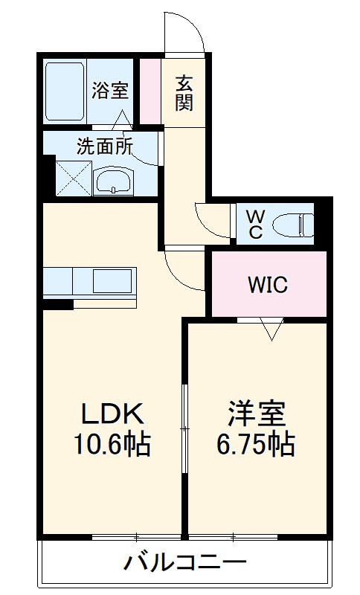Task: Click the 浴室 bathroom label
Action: coord(110,91)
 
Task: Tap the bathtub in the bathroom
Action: coord(65,91)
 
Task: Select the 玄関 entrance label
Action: coord(184,94)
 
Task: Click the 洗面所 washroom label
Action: coord(105,146)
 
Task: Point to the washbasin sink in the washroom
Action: coord(113,181)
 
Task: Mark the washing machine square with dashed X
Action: coord(74,178)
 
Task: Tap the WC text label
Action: coord(254,225)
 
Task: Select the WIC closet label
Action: coord(268,285)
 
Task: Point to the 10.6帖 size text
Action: coord(112,444)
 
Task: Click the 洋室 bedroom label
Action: coord(257,414)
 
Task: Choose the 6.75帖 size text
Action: coord(256,444)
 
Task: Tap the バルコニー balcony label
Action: coord(185,562)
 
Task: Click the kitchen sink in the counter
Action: coord(112,280)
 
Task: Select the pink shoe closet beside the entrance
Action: coord(150,91)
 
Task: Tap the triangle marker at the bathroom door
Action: coord(122,120)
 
